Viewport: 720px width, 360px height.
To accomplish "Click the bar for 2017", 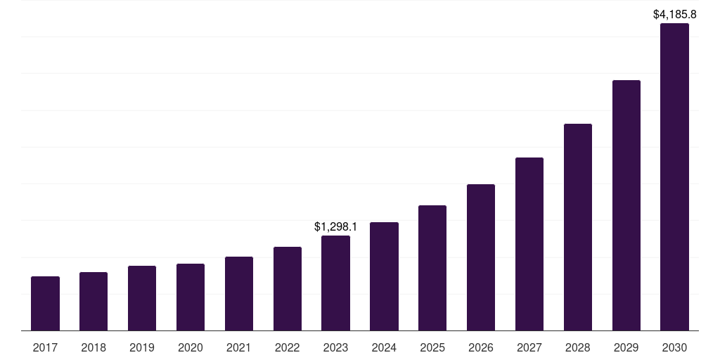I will click(x=45, y=303).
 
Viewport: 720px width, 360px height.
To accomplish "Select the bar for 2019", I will click(x=142, y=298).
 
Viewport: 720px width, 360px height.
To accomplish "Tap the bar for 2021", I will click(x=239, y=293).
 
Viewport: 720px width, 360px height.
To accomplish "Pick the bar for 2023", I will click(x=335, y=283).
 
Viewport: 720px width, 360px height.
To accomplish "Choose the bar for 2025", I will click(x=432, y=268).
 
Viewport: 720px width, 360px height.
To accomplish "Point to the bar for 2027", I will click(x=529, y=244).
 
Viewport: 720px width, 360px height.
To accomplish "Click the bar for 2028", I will click(x=578, y=227).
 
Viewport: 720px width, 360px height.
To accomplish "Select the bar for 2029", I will click(x=626, y=205).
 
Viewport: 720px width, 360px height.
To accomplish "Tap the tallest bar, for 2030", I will click(x=674, y=176).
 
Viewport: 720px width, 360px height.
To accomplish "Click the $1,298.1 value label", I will click(x=335, y=226).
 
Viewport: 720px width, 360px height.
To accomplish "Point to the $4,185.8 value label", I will click(x=674, y=14).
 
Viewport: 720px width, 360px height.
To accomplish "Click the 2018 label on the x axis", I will click(x=94, y=347).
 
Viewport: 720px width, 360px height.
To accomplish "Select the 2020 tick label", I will click(x=191, y=347).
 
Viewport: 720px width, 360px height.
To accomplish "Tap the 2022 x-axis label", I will click(x=288, y=347).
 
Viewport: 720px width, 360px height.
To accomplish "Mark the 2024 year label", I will click(x=384, y=347).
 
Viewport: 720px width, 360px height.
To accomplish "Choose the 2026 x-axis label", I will click(x=481, y=347).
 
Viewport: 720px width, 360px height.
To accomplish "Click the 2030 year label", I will click(x=674, y=347).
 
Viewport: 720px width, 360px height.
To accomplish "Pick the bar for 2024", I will click(x=384, y=276).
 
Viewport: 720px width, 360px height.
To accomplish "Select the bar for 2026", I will click(x=481, y=257).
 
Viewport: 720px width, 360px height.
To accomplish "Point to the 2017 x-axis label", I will click(x=45, y=347).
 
